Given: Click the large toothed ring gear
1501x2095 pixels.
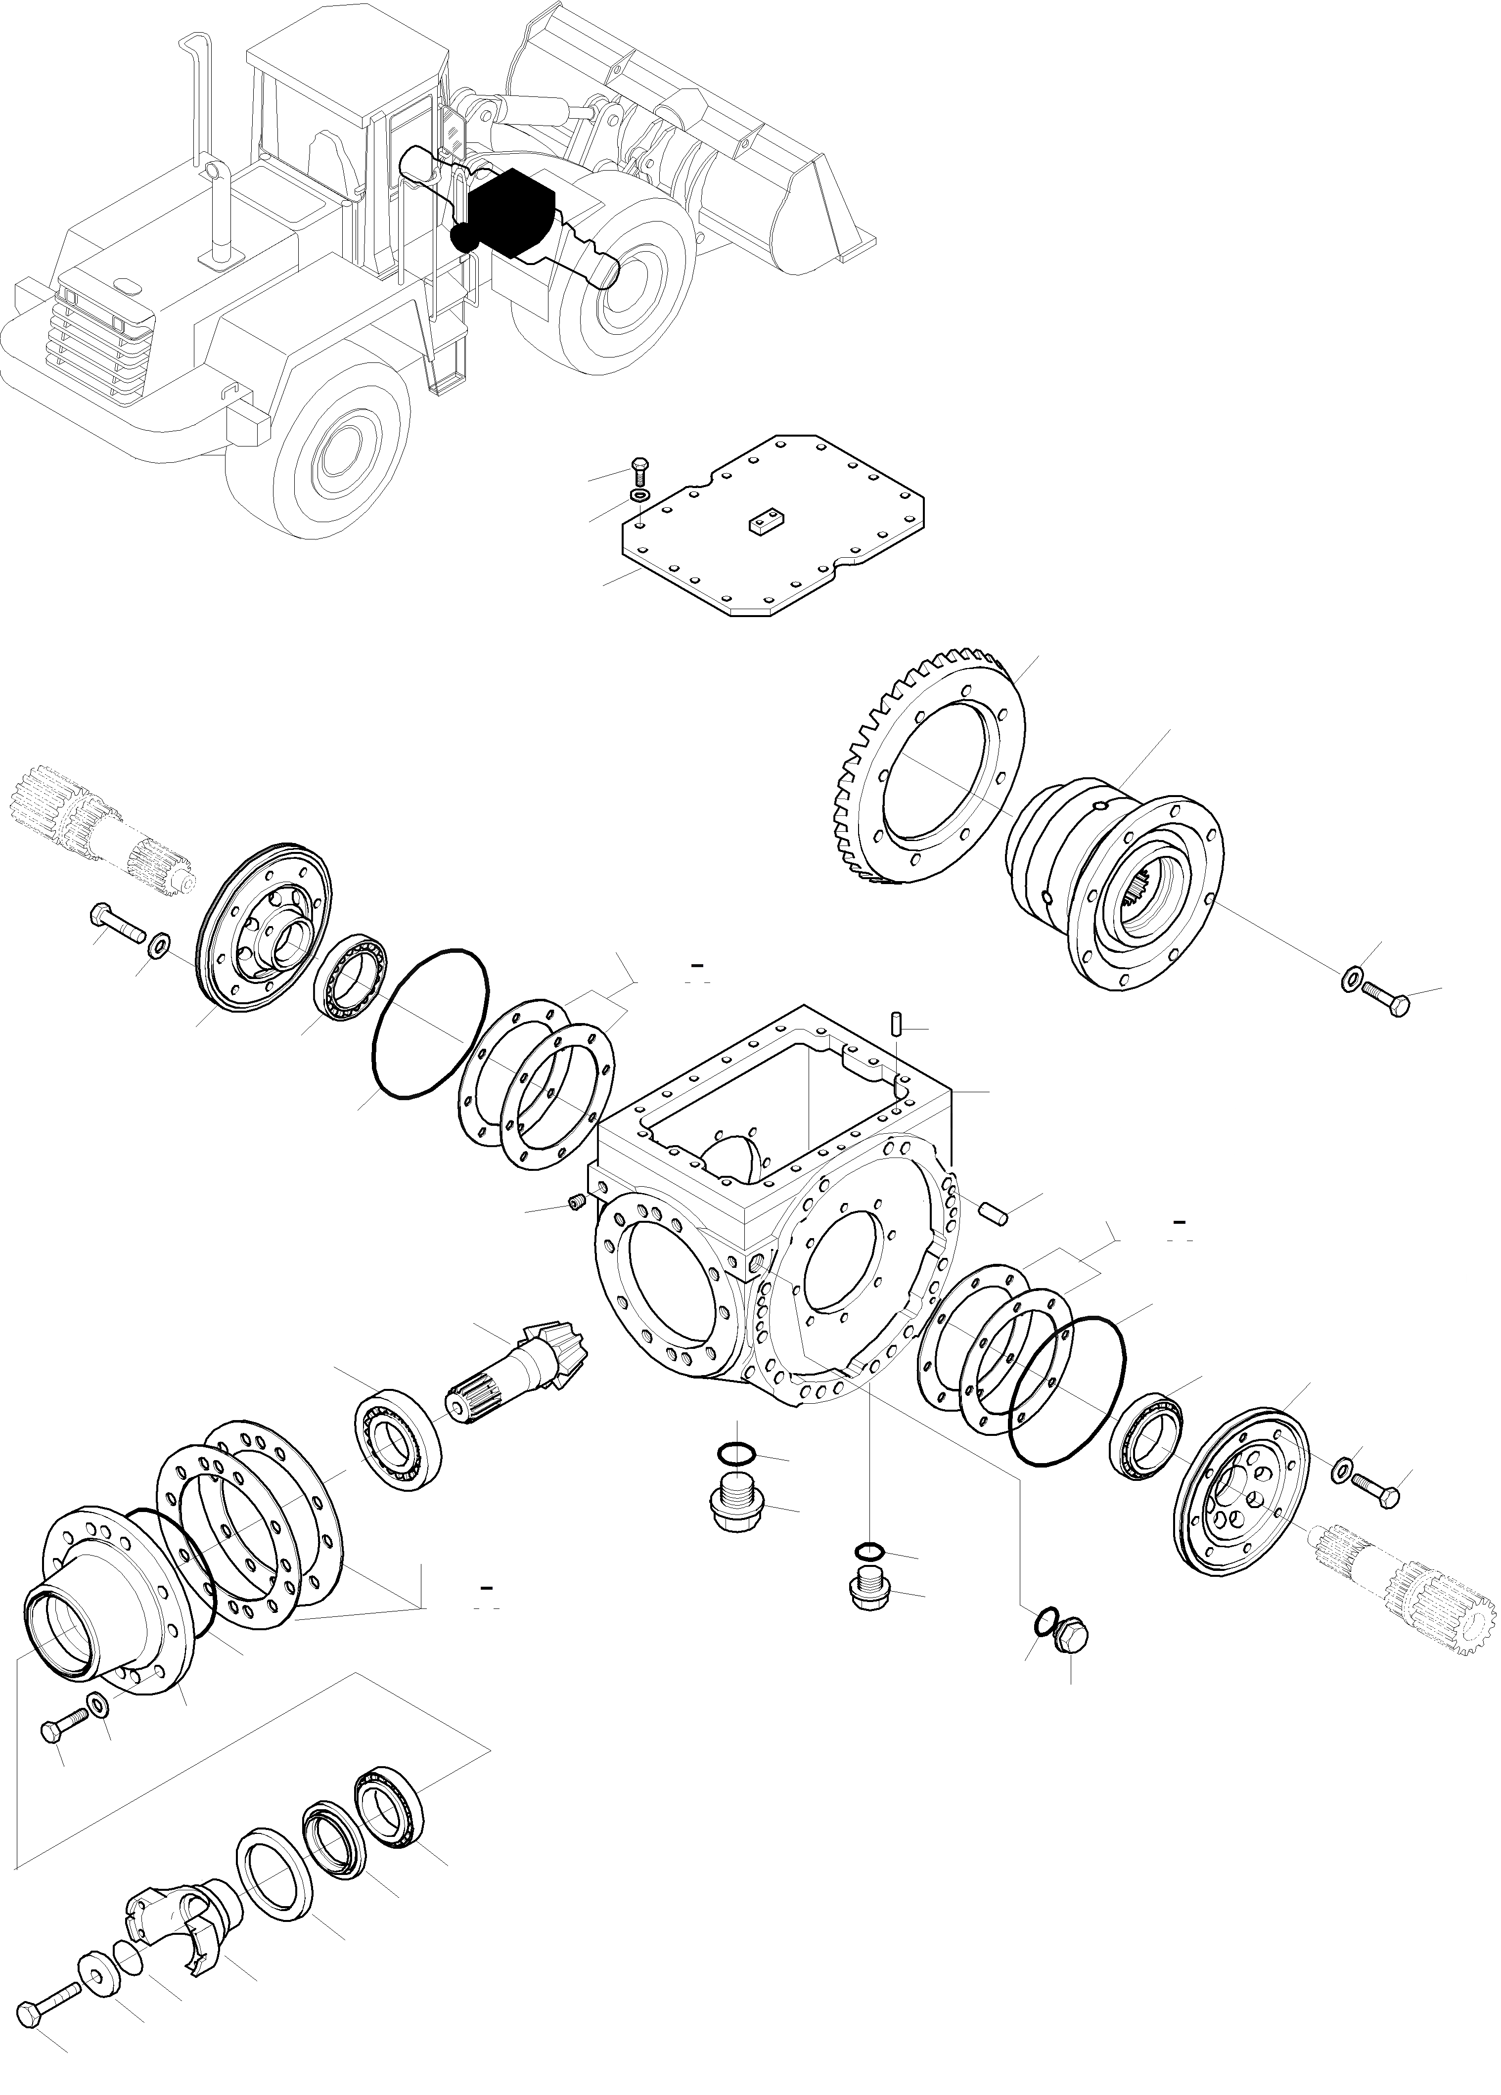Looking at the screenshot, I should [x=924, y=767].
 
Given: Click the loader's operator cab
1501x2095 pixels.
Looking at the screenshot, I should [x=342, y=111].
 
